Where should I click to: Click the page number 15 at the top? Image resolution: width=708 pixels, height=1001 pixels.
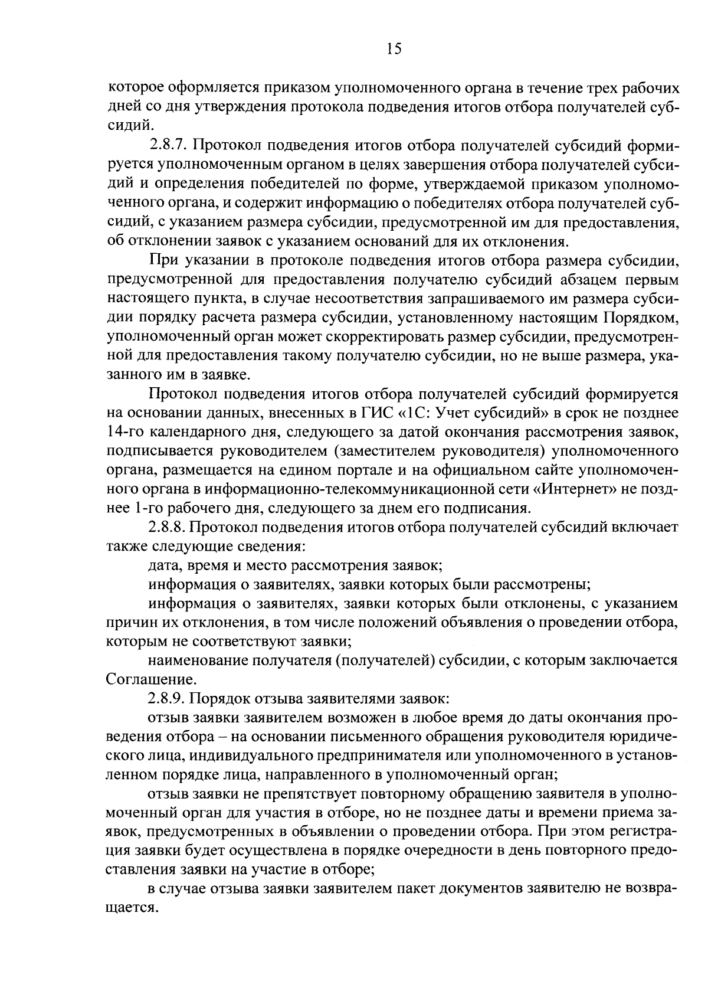[x=394, y=49]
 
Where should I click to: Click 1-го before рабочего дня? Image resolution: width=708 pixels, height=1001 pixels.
[x=149, y=508]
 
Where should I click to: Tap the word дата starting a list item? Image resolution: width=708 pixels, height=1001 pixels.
[x=165, y=565]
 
